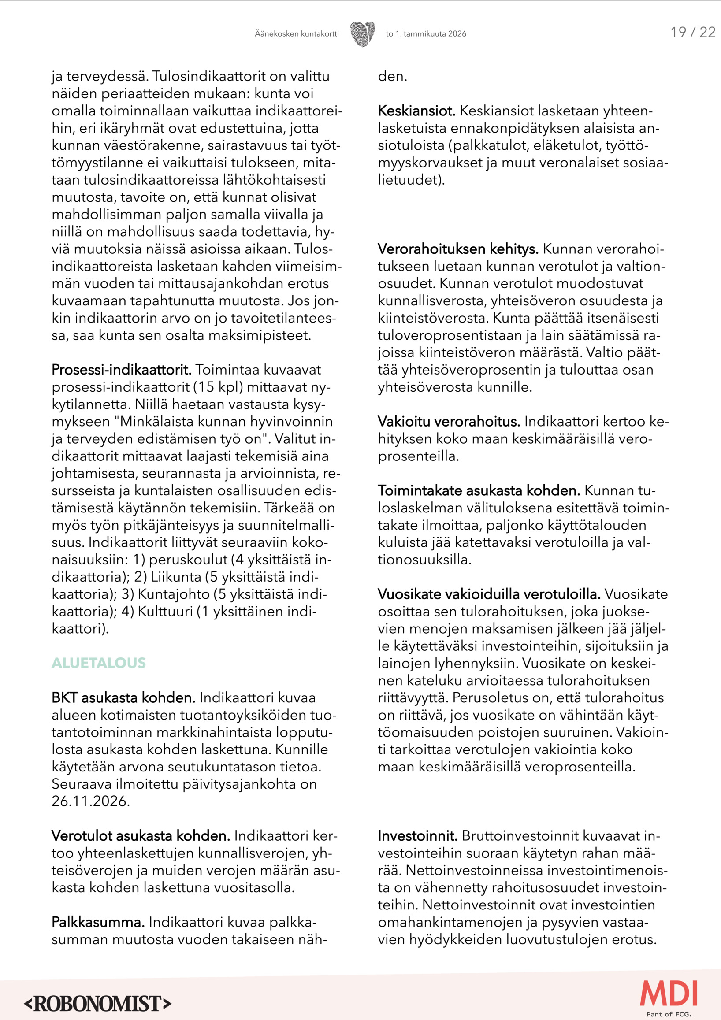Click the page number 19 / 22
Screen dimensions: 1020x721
pos(692,33)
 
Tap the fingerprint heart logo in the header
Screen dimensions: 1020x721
pos(362,34)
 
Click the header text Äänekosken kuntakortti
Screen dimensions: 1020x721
pos(296,34)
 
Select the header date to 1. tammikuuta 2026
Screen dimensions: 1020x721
pos(426,34)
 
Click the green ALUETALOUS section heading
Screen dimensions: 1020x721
pos(99,663)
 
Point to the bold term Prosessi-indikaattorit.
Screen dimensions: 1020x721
pos(121,370)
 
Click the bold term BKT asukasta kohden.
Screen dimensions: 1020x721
pos(123,697)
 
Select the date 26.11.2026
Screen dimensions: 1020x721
pos(91,801)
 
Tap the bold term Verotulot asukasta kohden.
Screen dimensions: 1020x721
pos(141,836)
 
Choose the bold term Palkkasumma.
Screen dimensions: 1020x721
pos(98,922)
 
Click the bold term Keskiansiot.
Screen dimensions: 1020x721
pos(416,111)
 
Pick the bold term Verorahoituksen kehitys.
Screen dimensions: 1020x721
pos(457,249)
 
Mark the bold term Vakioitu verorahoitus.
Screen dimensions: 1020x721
pos(449,421)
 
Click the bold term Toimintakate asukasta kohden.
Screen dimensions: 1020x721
pos(479,490)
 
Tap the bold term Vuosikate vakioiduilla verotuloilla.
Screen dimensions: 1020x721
pos(489,594)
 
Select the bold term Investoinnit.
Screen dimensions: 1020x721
pos(417,836)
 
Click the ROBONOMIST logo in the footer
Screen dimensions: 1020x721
pos(97,1004)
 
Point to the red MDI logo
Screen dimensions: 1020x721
pos(668,994)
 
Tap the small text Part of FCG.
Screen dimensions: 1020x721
pos(669,1014)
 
